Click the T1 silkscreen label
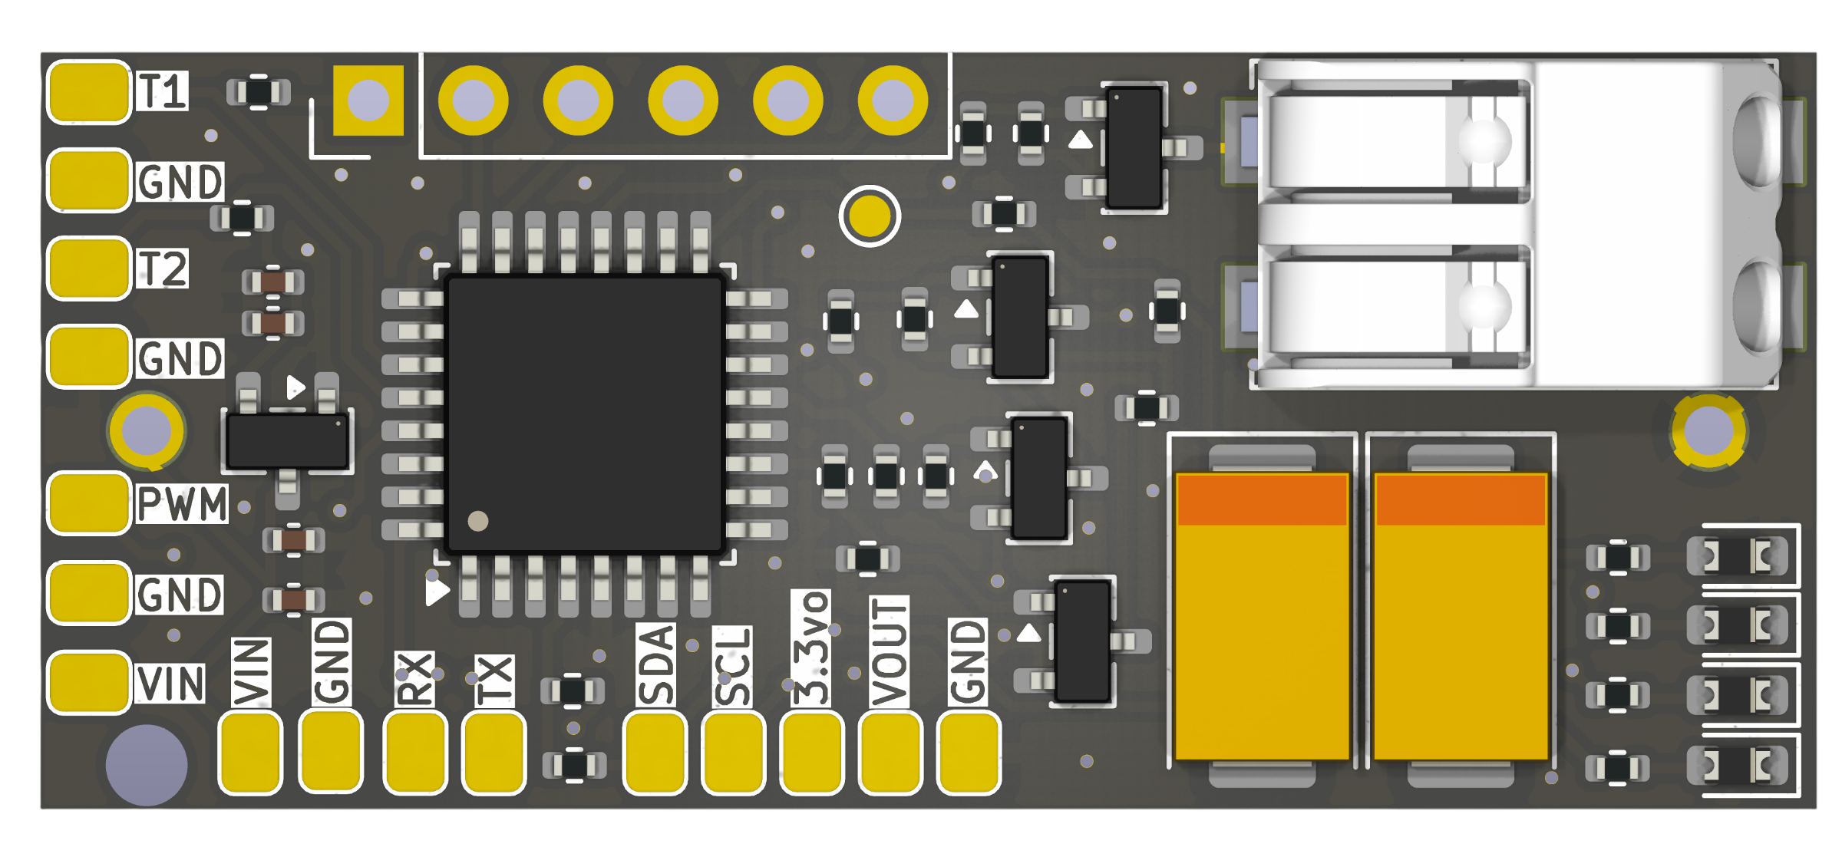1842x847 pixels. click(162, 91)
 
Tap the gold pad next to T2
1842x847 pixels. click(89, 269)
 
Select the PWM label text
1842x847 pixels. click(182, 504)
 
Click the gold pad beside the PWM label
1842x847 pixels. click(89, 503)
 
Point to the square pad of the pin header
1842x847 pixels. click(368, 101)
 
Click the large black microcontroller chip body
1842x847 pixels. click(586, 414)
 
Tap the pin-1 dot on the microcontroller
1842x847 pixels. click(478, 521)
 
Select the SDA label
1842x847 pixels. click(656, 664)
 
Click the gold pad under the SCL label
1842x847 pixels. click(734, 753)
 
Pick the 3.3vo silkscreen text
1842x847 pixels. click(811, 648)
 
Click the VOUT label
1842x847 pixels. click(890, 651)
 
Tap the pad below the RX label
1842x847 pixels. click(415, 753)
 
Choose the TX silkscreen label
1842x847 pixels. click(494, 681)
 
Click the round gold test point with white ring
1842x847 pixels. click(870, 216)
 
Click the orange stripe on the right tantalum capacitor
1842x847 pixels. click(1461, 499)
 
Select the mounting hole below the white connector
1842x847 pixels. click(1709, 431)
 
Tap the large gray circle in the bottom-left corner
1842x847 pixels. click(147, 765)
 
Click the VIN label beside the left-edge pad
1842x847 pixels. click(171, 684)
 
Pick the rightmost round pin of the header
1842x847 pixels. click(893, 101)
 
